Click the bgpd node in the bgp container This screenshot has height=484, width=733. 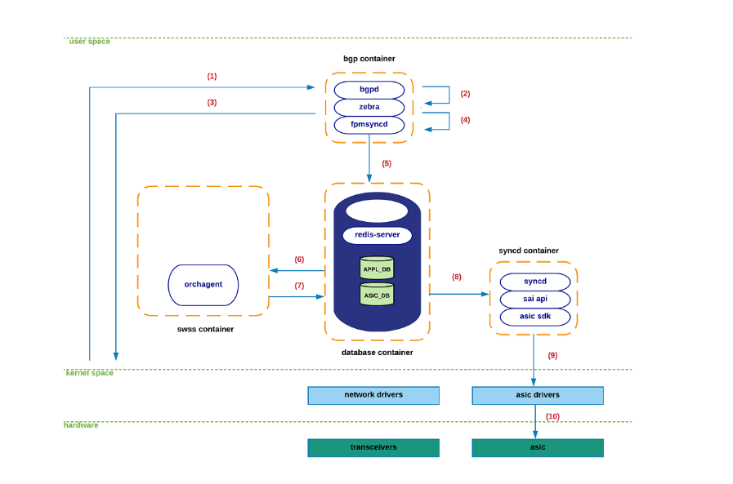tap(369, 89)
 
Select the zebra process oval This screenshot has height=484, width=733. tap(369, 107)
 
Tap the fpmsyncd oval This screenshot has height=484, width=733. tap(369, 124)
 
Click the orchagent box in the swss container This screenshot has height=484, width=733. tap(203, 285)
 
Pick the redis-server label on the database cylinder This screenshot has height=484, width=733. tap(377, 234)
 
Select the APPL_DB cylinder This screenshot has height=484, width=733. tap(377, 268)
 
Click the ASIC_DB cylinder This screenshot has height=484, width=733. tap(377, 295)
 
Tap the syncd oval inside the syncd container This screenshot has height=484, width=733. tap(534, 282)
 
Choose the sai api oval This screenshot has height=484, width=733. tap(534, 299)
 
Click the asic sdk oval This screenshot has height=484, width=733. tap(534, 316)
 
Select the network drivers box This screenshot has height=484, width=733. tap(373, 395)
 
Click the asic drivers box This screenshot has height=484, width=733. tap(538, 395)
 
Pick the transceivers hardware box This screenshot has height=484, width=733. tap(373, 447)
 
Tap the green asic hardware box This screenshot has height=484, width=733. tap(538, 447)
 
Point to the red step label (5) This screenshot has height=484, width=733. tap(387, 163)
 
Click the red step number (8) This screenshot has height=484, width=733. tap(456, 277)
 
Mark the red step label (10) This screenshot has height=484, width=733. tap(552, 416)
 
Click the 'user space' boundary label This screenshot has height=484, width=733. tap(89, 41)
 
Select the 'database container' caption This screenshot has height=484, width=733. tap(377, 353)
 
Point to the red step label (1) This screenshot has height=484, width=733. tap(212, 76)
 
